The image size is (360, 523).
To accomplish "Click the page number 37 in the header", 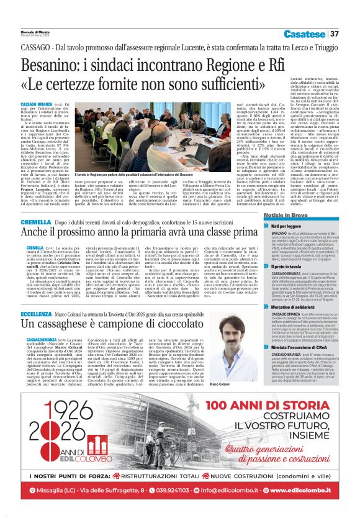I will coord(334,34).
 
